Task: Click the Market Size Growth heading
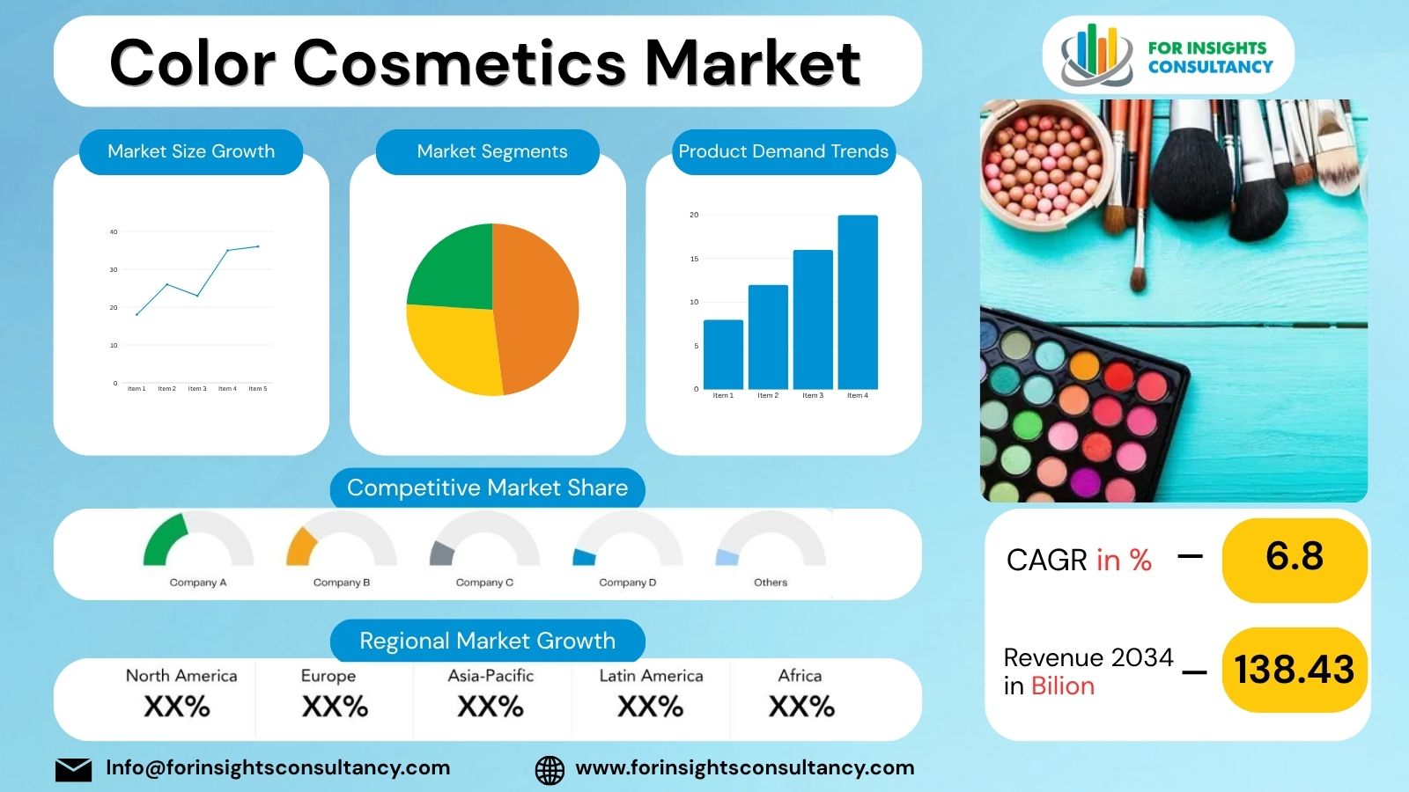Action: [x=191, y=151]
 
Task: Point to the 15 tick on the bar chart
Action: [x=694, y=259]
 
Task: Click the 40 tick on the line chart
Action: [x=114, y=232]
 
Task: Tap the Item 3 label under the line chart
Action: [x=197, y=389]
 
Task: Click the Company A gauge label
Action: [x=198, y=583]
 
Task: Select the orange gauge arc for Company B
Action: [x=299, y=546]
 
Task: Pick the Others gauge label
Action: [x=771, y=583]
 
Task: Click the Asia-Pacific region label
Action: [x=491, y=676]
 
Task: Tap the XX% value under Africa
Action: [x=801, y=707]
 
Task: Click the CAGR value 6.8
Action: [x=1295, y=557]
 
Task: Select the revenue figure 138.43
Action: [x=1295, y=670]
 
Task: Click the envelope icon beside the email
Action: [x=73, y=769]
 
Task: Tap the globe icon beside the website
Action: [x=550, y=770]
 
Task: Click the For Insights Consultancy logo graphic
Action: [x=1096, y=55]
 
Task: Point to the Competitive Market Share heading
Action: [x=487, y=488]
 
